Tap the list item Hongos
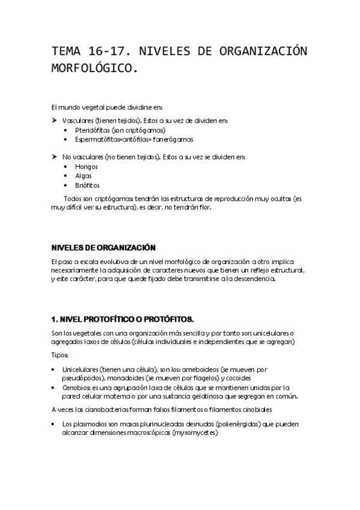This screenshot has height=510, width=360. pos(87,166)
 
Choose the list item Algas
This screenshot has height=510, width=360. pos(84,176)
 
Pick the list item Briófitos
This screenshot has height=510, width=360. pos(88,185)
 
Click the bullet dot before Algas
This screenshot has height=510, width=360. pos(66,176)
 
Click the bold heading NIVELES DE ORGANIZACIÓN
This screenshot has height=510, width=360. pos(103,247)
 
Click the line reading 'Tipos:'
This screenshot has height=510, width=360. pos(61,355)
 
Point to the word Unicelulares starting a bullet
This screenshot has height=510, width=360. pos(82,369)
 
